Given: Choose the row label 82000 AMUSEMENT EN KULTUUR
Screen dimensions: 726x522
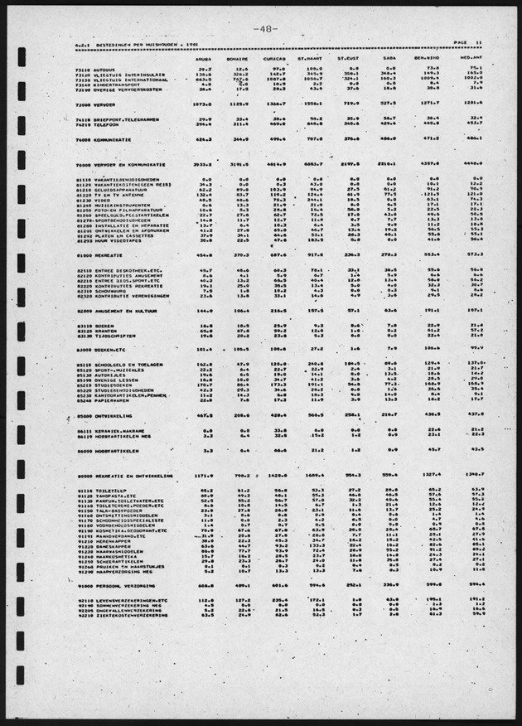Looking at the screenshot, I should point(116,310).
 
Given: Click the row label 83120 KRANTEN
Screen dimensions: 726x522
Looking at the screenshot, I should point(96,331).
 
